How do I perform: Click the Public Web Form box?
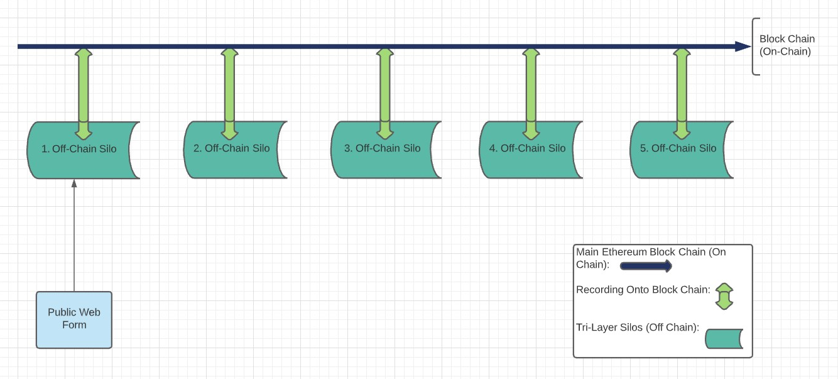(74, 319)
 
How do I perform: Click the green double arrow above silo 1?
(84, 88)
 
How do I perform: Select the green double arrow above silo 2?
(229, 88)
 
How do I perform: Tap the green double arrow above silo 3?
(385, 88)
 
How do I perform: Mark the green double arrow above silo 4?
(531, 88)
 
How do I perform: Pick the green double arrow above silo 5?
(682, 88)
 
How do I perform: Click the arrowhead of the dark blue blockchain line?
(743, 46)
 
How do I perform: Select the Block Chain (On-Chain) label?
(786, 45)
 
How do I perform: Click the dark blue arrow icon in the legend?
(646, 266)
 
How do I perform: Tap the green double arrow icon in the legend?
(724, 296)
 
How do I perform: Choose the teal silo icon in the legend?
(724, 338)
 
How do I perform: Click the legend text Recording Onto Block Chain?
(643, 290)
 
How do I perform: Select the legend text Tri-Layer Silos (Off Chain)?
(638, 327)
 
